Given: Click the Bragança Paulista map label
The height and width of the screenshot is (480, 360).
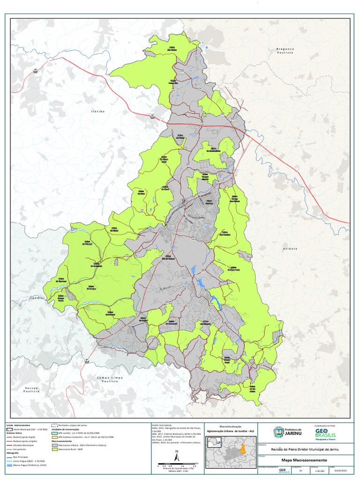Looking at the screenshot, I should tap(285, 51).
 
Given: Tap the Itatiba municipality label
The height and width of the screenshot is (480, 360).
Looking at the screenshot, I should tap(98, 112).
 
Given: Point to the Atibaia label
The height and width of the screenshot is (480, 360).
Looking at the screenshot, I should tap(290, 248).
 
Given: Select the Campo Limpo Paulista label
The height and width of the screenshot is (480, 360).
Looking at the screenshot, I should tap(109, 380).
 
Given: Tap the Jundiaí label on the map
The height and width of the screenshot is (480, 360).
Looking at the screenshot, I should tap(37, 298).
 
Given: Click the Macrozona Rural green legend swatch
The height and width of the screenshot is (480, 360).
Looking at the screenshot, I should tap(55, 449).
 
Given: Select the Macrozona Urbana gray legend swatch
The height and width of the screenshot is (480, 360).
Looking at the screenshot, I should tap(55, 445).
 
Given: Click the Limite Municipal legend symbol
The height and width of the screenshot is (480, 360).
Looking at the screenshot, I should tap(9, 429).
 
